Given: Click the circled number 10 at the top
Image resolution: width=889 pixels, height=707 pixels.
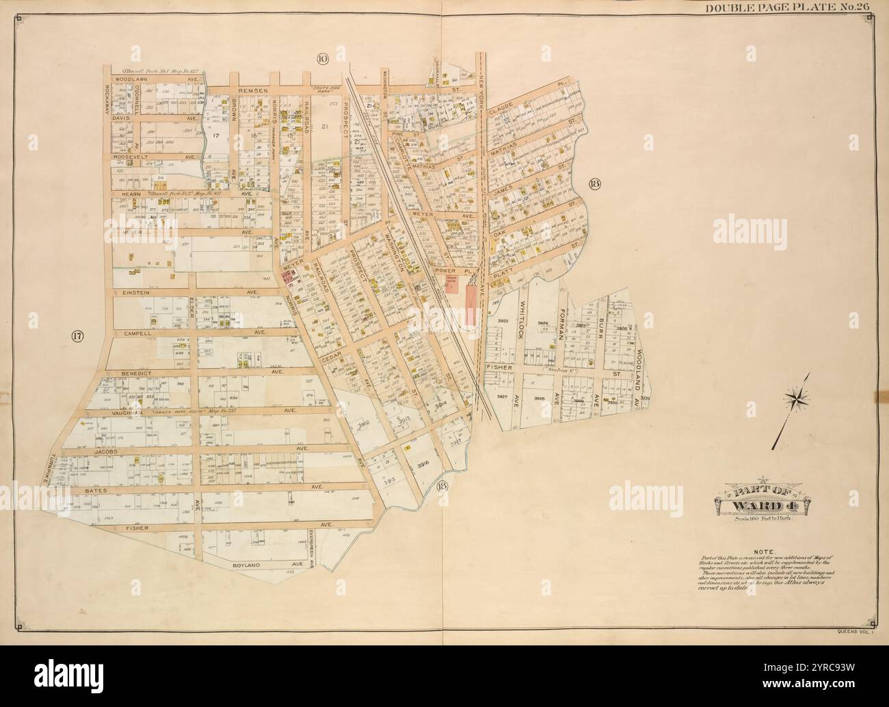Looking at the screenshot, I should (x=322, y=60).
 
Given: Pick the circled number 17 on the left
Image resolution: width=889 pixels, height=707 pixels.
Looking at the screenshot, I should (x=77, y=336).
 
